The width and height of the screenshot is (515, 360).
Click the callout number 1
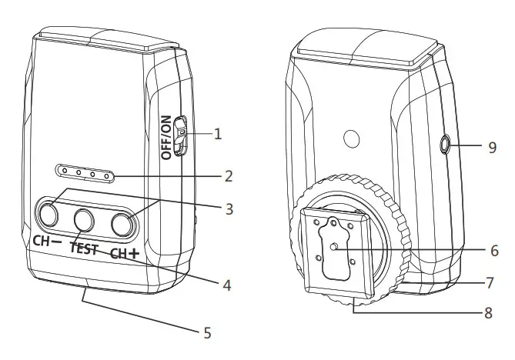(x=218, y=134)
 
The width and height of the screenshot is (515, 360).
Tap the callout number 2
(x=228, y=176)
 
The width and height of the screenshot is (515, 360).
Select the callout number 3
(x=228, y=208)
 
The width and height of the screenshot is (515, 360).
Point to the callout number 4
(x=227, y=285)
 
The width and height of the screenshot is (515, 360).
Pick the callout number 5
(x=206, y=332)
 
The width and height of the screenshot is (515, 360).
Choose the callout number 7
(x=490, y=282)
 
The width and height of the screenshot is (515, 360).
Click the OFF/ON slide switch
(x=180, y=135)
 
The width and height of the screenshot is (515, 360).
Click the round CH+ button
(x=122, y=223)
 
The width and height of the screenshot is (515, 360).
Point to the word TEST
(x=83, y=248)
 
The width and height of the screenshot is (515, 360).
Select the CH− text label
(x=47, y=240)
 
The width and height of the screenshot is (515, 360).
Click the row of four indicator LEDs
(x=84, y=175)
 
